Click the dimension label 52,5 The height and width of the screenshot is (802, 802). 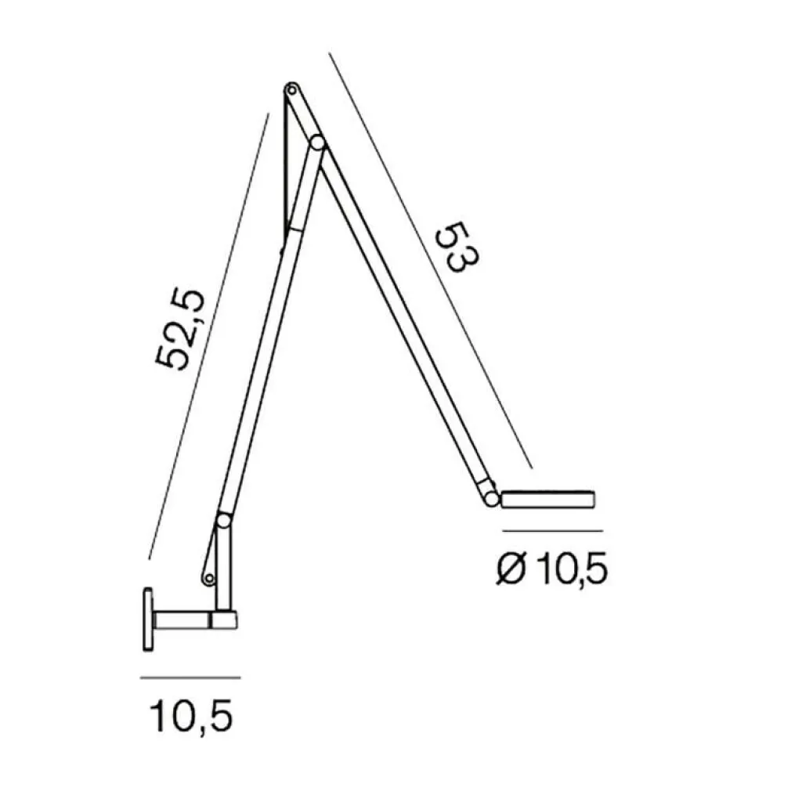coord(180,330)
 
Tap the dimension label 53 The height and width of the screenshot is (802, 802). coord(456,247)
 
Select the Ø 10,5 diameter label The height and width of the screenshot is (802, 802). coord(552,569)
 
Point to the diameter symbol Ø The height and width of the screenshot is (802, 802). coord(511,569)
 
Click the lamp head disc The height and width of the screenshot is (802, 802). coord(547,499)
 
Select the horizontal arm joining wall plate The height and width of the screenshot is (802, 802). coord(195,620)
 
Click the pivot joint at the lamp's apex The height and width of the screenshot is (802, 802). coord(291,91)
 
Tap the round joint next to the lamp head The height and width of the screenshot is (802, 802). coord(492,499)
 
